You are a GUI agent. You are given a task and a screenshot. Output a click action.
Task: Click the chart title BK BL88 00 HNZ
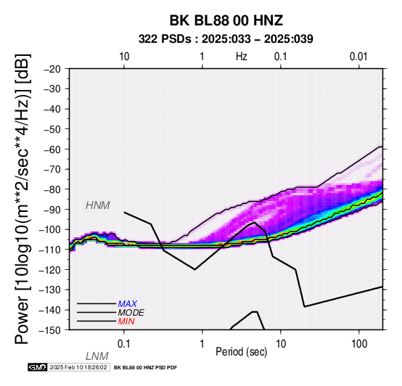[226, 20]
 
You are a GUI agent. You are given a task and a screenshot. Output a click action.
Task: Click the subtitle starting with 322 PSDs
[226, 39]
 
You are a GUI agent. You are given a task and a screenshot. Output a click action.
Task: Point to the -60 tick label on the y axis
[52, 149]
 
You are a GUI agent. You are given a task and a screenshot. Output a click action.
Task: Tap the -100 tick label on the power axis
[50, 229]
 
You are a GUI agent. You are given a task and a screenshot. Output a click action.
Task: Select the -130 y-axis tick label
[50, 289]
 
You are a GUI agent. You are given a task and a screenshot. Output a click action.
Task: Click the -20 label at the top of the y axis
[52, 69]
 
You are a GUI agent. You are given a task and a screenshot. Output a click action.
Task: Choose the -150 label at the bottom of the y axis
[50, 330]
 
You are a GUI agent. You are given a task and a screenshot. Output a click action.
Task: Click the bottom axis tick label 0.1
[124, 344]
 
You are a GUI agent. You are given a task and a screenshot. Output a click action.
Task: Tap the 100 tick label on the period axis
[359, 344]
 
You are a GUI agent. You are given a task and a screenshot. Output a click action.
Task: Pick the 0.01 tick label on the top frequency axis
[358, 57]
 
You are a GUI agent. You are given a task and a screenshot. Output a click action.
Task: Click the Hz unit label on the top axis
[242, 57]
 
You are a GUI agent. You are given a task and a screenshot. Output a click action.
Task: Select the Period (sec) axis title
[241, 352]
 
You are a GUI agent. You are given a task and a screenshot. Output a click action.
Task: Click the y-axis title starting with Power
[22, 199]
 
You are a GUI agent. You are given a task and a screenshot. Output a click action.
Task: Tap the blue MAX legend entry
[128, 304]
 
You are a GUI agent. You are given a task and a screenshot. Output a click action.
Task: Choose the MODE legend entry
[131, 313]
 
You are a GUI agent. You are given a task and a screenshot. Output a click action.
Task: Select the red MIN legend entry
[126, 321]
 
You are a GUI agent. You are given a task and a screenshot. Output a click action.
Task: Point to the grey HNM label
[98, 205]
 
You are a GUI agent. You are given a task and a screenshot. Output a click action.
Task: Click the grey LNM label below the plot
[97, 356]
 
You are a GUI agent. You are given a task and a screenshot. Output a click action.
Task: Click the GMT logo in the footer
[38, 367]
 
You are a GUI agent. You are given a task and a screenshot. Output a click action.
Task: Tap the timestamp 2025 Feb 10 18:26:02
[78, 367]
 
